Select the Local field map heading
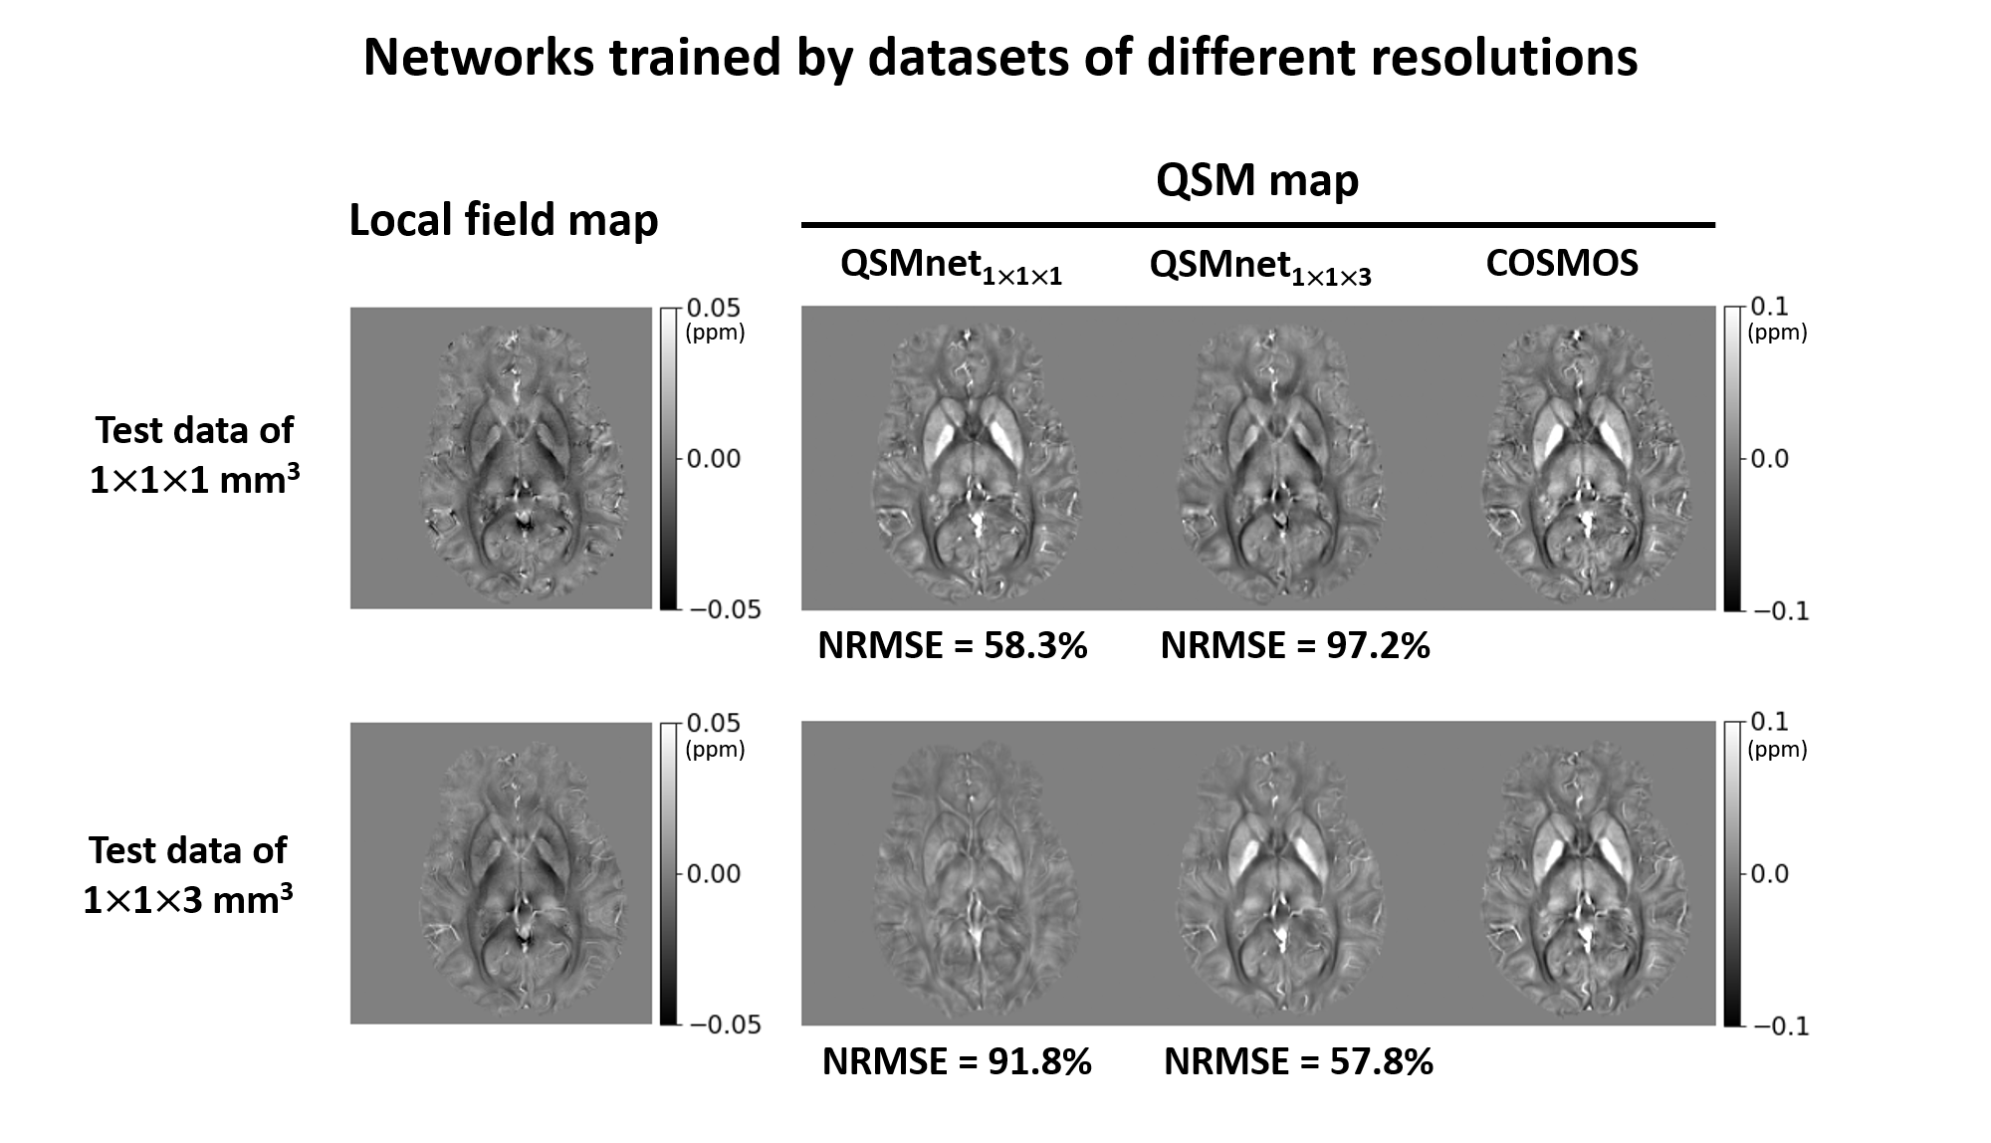tap(503, 220)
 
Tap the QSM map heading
tap(1257, 180)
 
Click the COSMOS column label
tap(1561, 263)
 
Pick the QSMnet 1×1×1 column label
tap(951, 266)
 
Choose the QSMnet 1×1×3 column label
tap(1259, 266)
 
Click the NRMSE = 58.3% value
tap(952, 646)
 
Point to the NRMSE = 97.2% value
tap(1294, 646)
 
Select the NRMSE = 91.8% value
tap(956, 1061)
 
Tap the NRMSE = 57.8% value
tap(1298, 1061)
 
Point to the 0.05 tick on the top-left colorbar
tap(713, 308)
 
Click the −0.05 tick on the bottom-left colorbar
tap(724, 1026)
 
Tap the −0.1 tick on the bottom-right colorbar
tap(1780, 1027)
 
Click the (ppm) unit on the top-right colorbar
tap(1777, 333)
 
